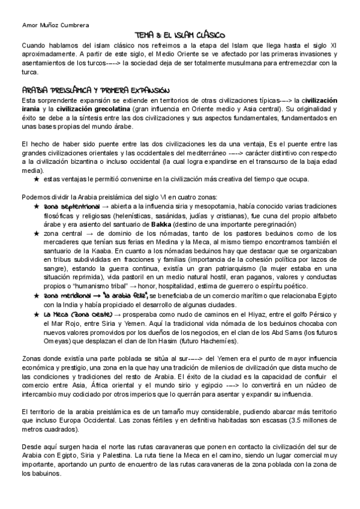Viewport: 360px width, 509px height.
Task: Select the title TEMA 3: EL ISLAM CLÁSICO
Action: [x=179, y=36]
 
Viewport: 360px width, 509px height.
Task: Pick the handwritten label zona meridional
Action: [x=66, y=296]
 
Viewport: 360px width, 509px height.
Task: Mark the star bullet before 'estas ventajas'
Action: [x=37, y=179]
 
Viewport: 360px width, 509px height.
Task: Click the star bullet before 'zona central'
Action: [x=37, y=232]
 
